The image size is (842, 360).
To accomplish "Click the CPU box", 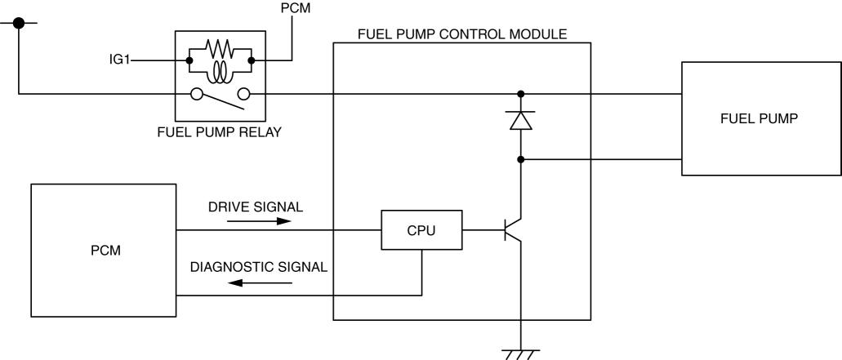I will (x=421, y=230).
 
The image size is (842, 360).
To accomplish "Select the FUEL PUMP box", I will (x=761, y=118).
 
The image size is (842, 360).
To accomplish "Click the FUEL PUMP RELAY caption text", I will (x=219, y=132).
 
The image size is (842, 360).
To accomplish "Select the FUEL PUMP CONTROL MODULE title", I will (x=462, y=36).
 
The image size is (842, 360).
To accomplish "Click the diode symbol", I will (x=520, y=120).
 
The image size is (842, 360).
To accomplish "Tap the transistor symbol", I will (x=513, y=230).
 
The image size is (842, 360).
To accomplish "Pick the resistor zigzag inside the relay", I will (x=219, y=48).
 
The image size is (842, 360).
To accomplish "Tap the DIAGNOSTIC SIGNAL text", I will (x=258, y=267).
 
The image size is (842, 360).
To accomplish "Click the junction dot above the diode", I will (x=520, y=93).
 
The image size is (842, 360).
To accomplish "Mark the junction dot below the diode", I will (x=520, y=158).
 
